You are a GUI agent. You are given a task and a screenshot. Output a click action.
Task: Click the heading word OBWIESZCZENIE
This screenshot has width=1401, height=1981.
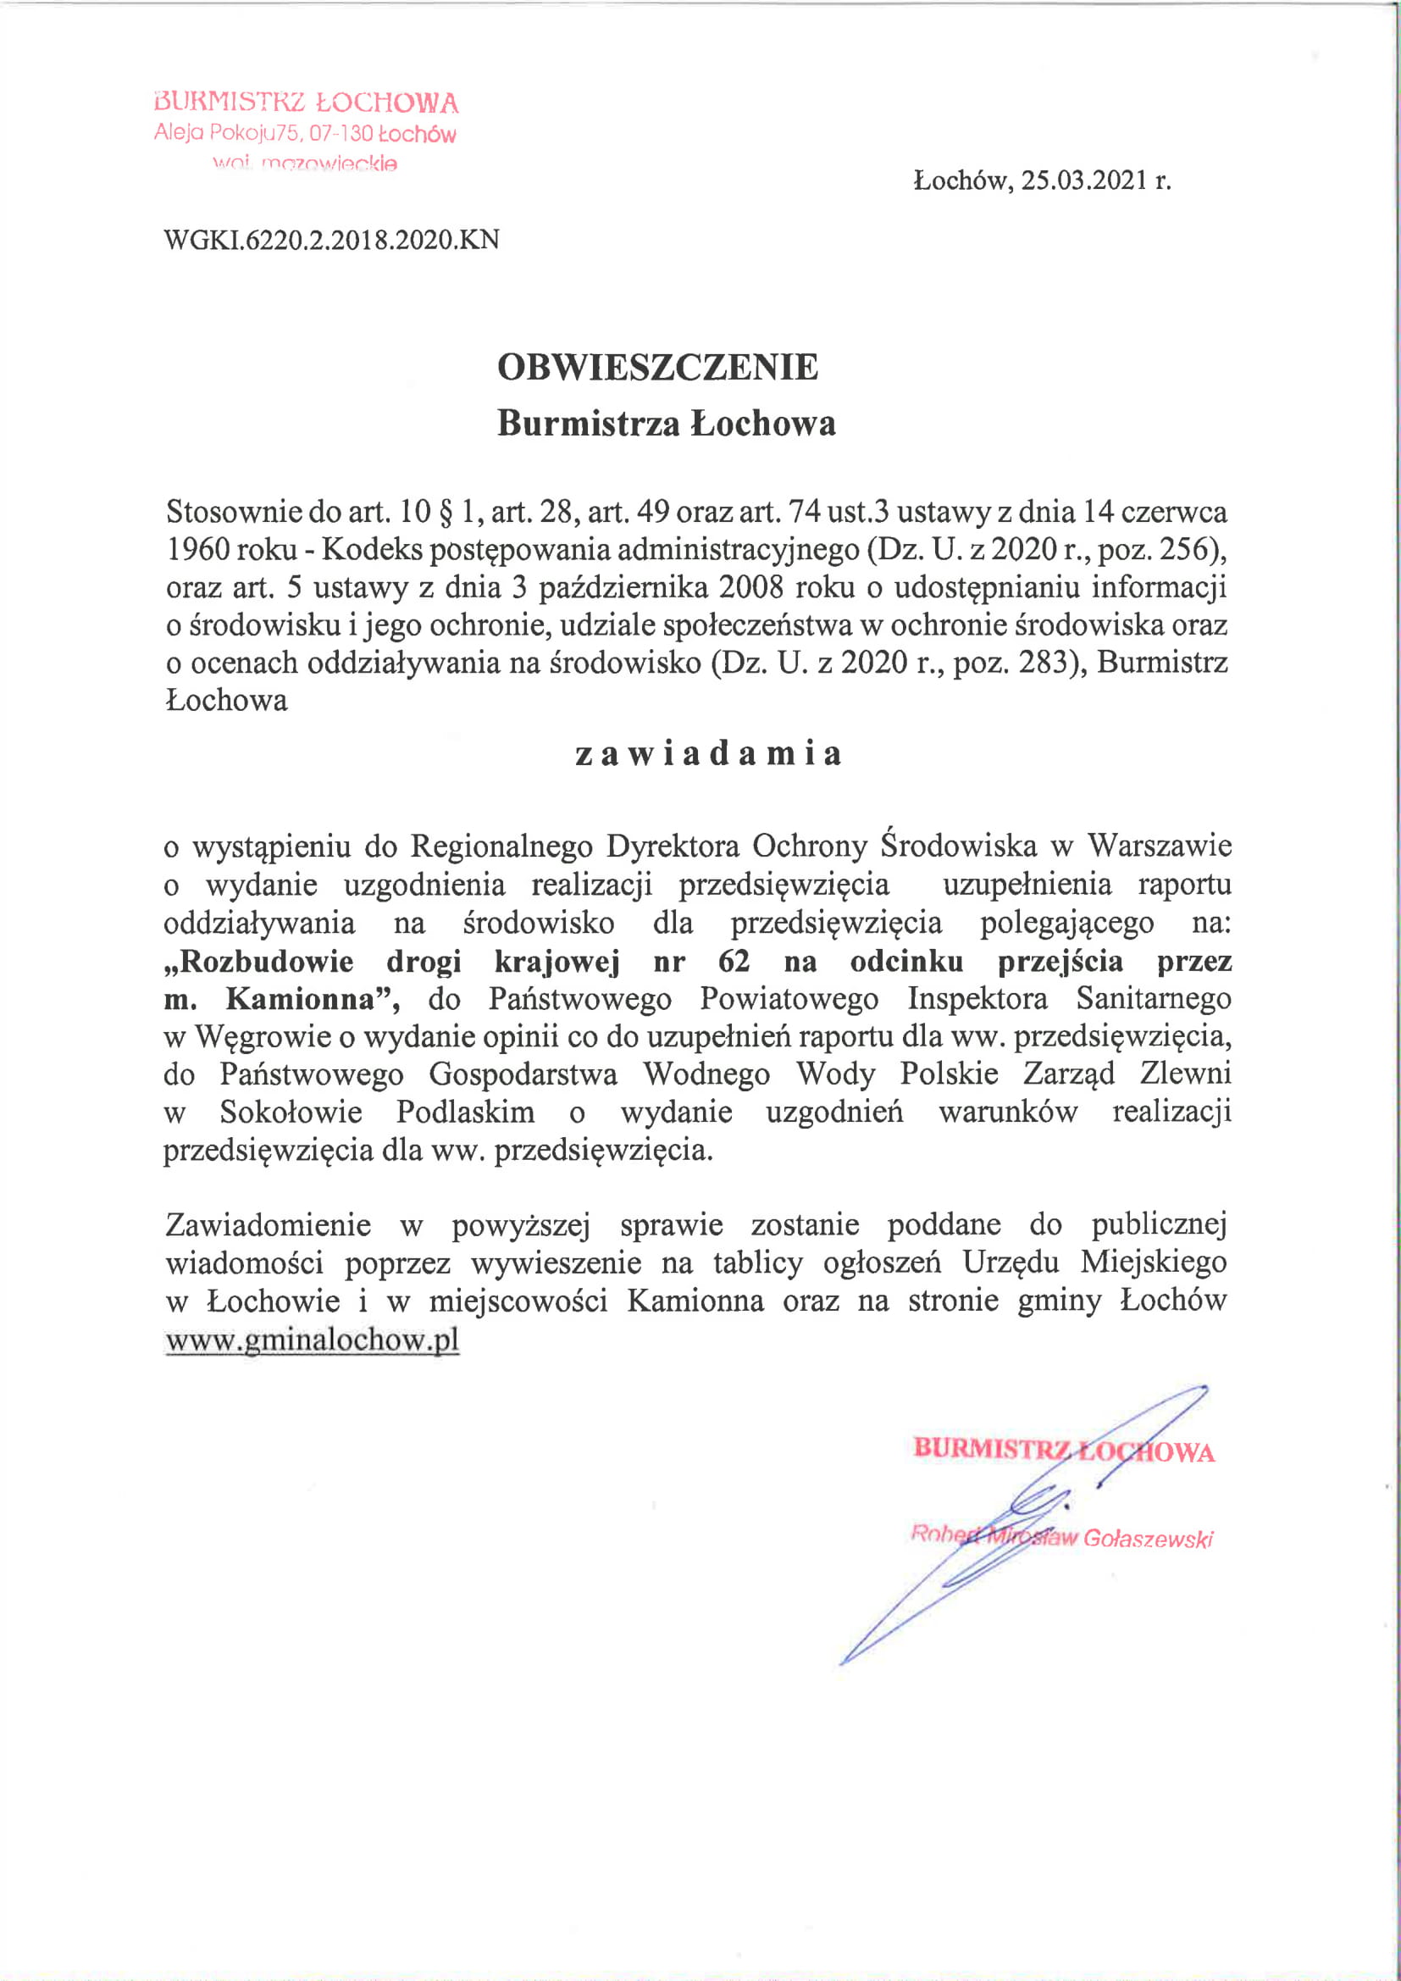coord(657,368)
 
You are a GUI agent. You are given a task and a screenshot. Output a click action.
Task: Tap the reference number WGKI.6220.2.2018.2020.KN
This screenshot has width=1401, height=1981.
coord(331,240)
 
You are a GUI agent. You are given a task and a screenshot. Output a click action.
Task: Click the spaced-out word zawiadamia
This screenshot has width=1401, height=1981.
coord(707,753)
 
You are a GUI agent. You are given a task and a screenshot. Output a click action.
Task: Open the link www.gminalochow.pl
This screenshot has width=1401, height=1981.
coord(312,1340)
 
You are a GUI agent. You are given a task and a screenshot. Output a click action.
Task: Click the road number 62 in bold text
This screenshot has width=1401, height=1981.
coord(734,961)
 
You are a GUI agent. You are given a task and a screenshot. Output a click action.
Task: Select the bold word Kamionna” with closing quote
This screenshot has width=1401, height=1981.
coord(313,999)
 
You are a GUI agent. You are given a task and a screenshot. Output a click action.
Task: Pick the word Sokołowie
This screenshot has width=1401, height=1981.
coord(291,1113)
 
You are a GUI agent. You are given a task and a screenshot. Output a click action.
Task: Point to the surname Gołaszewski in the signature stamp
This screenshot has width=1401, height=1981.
coord(1148,1539)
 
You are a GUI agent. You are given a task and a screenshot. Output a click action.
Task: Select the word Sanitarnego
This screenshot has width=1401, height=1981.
coord(1154,999)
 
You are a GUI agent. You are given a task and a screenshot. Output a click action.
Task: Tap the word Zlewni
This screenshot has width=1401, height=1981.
coord(1185,1074)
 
